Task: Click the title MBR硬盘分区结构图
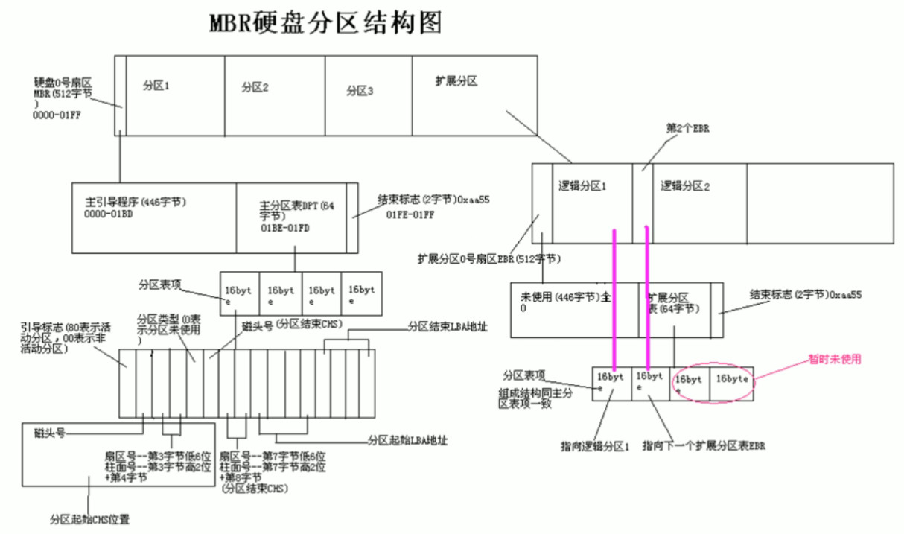(x=325, y=23)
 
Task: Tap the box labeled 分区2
(x=274, y=95)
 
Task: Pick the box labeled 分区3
(x=368, y=95)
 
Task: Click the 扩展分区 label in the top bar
(x=456, y=81)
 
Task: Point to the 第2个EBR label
(x=687, y=128)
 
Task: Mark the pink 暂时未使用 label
(x=835, y=359)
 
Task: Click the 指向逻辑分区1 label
(x=595, y=447)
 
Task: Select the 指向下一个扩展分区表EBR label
(x=704, y=446)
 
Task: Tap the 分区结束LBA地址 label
(x=448, y=326)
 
